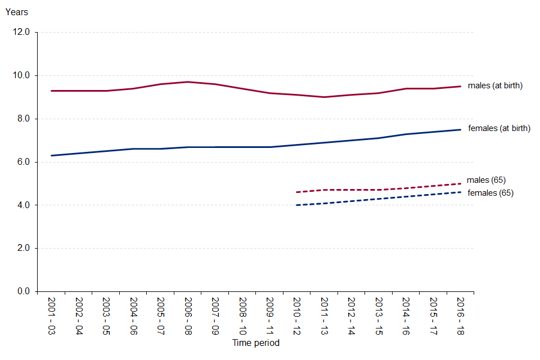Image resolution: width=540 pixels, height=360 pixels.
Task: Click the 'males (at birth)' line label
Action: pyautogui.click(x=496, y=86)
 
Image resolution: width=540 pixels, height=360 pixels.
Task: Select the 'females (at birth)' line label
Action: pyautogui.click(x=499, y=128)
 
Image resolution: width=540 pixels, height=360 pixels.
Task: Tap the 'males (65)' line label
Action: pyautogui.click(x=487, y=180)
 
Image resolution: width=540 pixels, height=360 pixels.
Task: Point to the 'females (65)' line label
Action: pyautogui.click(x=490, y=193)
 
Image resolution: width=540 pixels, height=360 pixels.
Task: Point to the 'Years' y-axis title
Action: pyautogui.click(x=16, y=12)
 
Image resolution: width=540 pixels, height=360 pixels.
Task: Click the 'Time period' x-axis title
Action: pyautogui.click(x=256, y=343)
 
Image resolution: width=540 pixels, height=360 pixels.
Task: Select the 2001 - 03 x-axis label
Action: pyautogui.click(x=51, y=316)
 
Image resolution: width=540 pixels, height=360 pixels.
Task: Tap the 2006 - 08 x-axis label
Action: pyautogui.click(x=188, y=316)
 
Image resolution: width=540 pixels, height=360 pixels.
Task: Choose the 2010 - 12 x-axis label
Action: pyautogui.click(x=297, y=316)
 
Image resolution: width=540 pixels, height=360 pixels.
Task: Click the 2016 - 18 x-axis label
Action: pyautogui.click(x=461, y=316)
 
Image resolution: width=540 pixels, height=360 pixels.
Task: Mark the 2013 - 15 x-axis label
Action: pyautogui.click(x=379, y=316)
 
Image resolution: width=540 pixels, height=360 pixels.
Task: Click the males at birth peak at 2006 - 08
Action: pyautogui.click(x=188, y=82)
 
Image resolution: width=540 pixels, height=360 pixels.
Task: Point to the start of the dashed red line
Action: pyautogui.click(x=297, y=192)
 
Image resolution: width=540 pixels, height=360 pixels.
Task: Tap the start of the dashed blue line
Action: pyautogui.click(x=297, y=205)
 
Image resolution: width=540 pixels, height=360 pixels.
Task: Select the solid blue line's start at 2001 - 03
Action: pyautogui.click(x=51, y=155)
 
